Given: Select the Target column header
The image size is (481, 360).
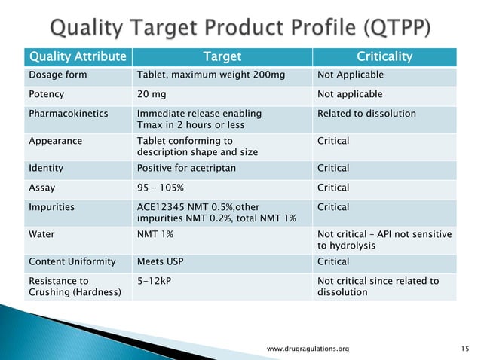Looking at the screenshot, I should [221, 56].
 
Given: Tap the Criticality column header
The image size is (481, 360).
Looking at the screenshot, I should [384, 56].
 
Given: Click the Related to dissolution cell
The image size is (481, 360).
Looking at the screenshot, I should [366, 114].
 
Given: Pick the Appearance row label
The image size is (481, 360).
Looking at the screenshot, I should [55, 140].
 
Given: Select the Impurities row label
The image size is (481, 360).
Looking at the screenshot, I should [51, 207].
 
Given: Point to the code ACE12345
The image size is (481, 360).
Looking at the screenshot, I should [161, 207].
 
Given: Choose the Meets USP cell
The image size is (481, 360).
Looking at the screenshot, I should [162, 261].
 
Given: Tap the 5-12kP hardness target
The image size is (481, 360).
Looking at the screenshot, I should [155, 281].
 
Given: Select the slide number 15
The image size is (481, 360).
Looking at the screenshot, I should [464, 349].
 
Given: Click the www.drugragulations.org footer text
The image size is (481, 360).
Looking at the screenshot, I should [308, 349].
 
